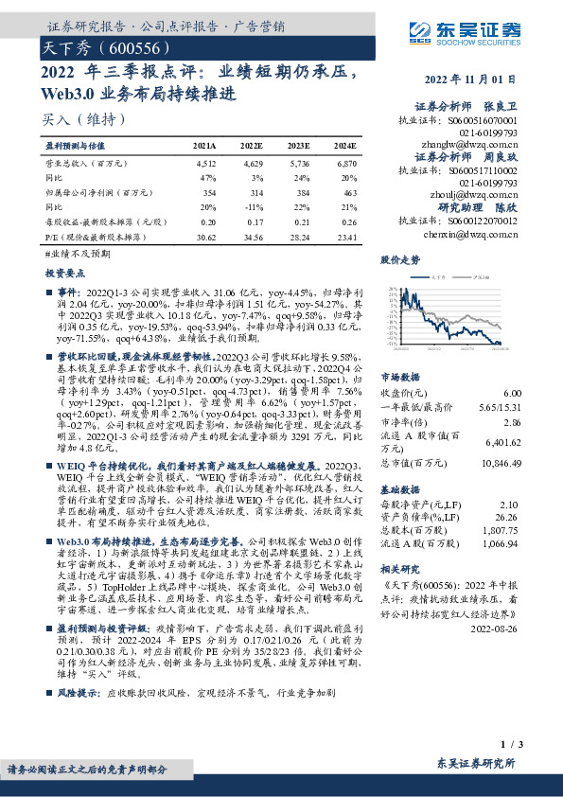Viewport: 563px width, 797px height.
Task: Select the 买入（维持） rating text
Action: coord(83,119)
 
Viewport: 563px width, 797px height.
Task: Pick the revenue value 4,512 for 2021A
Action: coord(205,164)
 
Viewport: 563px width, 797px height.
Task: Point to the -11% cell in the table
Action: coord(252,205)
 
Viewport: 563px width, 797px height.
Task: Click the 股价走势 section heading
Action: coord(399,259)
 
